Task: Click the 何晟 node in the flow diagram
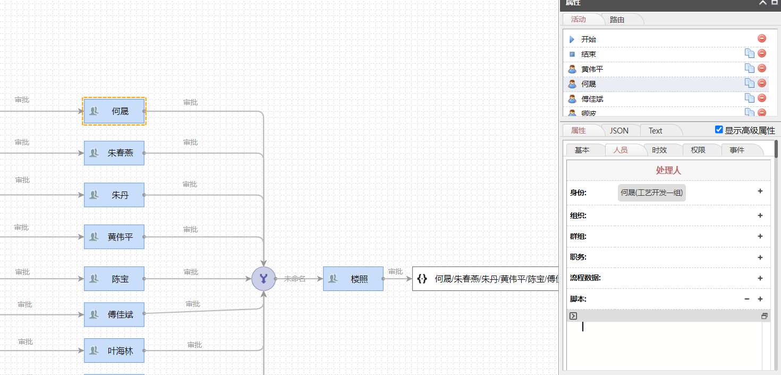pyautogui.click(x=114, y=111)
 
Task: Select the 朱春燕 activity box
pyautogui.click(x=114, y=153)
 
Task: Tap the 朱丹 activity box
pyautogui.click(x=114, y=195)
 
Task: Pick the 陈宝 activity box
pyautogui.click(x=114, y=279)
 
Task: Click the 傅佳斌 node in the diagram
pyautogui.click(x=114, y=314)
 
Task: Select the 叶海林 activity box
pyautogui.click(x=114, y=351)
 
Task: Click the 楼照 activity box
pyautogui.click(x=353, y=279)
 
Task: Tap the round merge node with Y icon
pyautogui.click(x=264, y=279)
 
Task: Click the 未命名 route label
pyautogui.click(x=294, y=279)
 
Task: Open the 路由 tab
pyautogui.click(x=617, y=20)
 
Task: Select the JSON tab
pyautogui.click(x=619, y=130)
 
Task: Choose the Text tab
pyautogui.click(x=656, y=130)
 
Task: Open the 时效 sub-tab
pyautogui.click(x=659, y=150)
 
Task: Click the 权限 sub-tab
pyautogui.click(x=698, y=150)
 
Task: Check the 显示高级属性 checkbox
pyautogui.click(x=719, y=130)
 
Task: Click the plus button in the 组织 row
pyautogui.click(x=760, y=215)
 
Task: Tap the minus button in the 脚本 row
pyautogui.click(x=747, y=299)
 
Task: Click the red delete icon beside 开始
pyautogui.click(x=762, y=39)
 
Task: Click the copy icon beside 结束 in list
pyautogui.click(x=750, y=53)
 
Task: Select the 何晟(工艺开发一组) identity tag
pyautogui.click(x=652, y=193)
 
